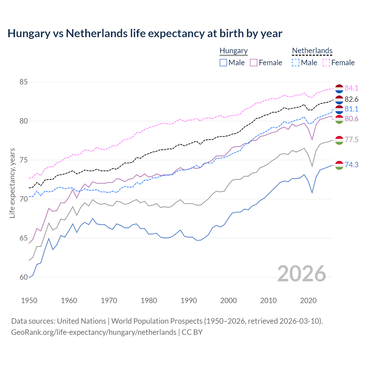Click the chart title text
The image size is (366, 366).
coord(145,33)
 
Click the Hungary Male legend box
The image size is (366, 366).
coord(223,63)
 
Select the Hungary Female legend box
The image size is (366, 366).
coord(254,63)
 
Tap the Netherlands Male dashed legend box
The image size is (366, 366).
coord(296,63)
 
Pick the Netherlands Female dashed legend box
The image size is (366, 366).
coord(326,63)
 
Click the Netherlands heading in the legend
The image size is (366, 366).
coord(312,51)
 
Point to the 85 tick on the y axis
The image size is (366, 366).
coord(23,82)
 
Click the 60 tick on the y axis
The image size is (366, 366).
coord(23,277)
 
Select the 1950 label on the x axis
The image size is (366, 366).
coord(29,301)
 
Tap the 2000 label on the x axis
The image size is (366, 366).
coord(228,301)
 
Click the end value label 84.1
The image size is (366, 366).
coord(351,88)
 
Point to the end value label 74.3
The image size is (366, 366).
coord(351,165)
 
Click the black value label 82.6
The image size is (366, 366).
coord(351,99)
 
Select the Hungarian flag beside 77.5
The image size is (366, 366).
coord(339,140)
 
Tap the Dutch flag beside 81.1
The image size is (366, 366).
coord(339,109)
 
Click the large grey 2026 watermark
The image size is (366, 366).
coord(301,274)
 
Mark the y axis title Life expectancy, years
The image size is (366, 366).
coord(12,183)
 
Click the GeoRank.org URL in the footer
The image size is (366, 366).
coord(94,332)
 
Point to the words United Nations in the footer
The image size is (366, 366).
coord(81,321)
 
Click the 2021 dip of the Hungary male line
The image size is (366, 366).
coord(312,192)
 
